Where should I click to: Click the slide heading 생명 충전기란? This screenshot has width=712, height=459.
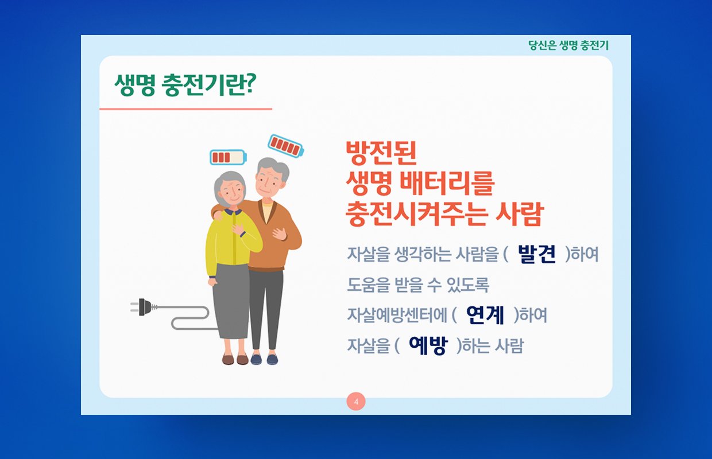tap(185, 85)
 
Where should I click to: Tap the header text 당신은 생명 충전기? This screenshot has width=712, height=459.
tap(568, 45)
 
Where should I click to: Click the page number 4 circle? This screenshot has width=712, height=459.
tap(356, 402)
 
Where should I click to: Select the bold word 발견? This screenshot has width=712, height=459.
tap(537, 254)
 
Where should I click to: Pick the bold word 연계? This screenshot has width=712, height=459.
tap(485, 315)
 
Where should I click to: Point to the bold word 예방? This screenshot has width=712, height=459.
tap(428, 345)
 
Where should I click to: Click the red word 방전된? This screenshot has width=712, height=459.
tap(381, 153)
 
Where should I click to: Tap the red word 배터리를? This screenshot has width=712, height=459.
tap(447, 183)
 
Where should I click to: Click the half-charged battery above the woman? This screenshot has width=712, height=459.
tap(228, 157)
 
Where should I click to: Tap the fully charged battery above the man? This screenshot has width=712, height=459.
tap(286, 146)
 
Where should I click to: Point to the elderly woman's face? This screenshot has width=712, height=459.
tap(233, 192)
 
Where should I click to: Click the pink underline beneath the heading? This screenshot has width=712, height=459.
tap(185, 109)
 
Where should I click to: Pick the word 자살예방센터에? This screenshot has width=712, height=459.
tap(397, 315)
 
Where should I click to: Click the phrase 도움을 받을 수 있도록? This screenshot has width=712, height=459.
tap(418, 285)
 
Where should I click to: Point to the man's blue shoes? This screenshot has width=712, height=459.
tap(264, 359)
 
